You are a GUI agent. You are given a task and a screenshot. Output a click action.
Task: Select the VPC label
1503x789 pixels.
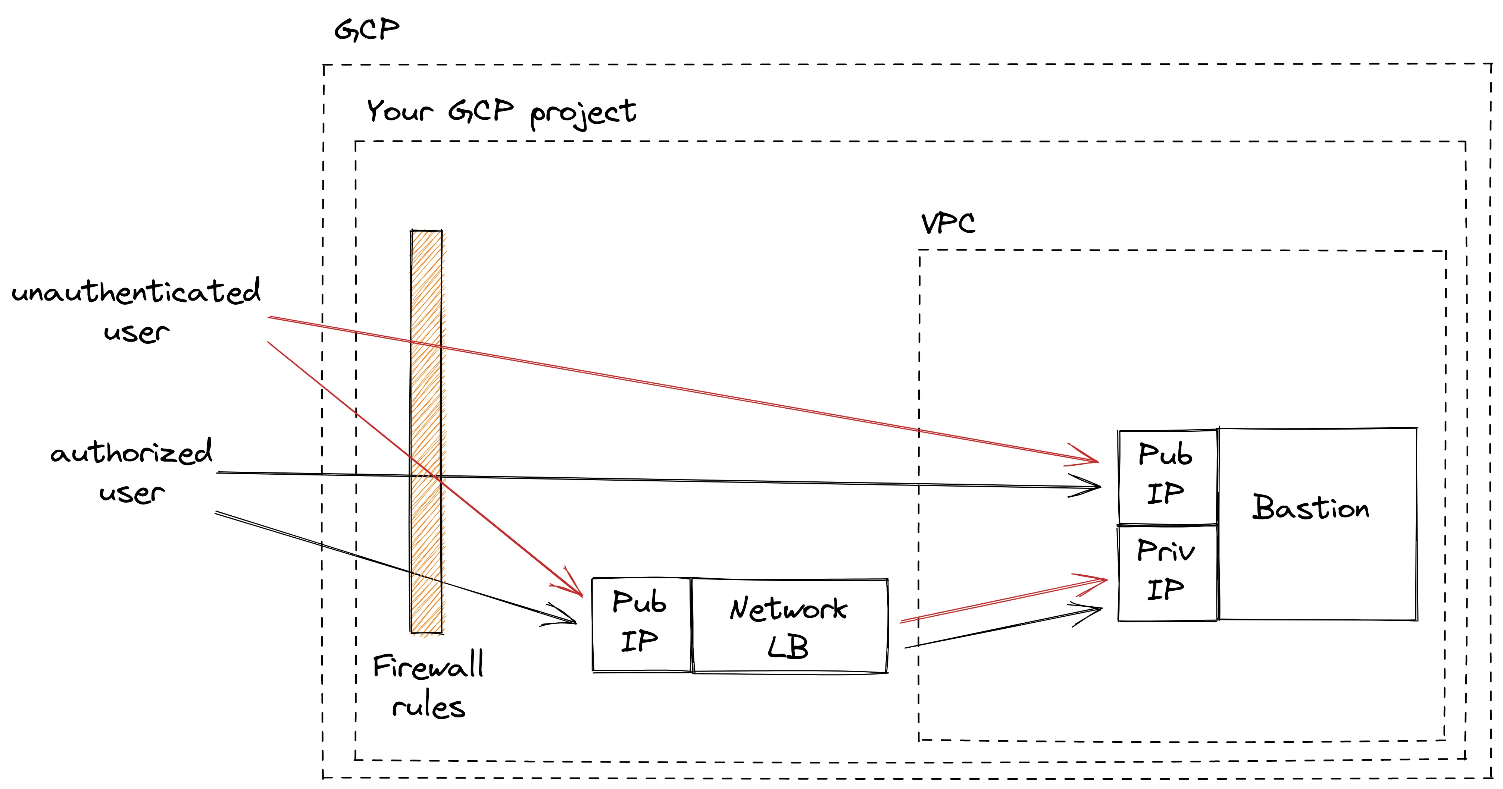tap(947, 223)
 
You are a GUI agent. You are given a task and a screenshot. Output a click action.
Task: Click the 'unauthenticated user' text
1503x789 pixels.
tap(135, 309)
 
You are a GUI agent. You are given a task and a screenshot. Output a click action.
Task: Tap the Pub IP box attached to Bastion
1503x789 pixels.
tap(1167, 476)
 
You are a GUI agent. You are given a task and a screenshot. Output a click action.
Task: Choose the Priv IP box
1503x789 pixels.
tap(1167, 572)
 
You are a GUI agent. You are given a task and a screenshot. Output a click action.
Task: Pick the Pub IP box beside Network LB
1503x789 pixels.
tap(641, 624)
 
